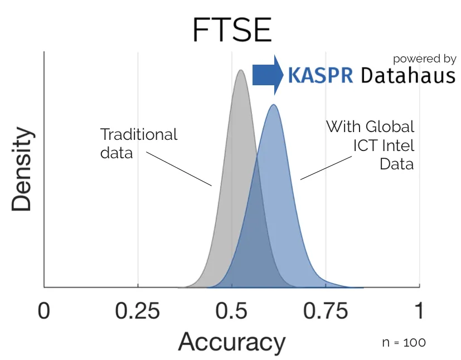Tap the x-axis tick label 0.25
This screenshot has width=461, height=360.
point(138,311)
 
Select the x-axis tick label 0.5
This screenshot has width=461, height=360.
point(231,311)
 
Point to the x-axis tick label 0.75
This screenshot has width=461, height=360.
point(326,311)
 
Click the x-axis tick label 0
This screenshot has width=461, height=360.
point(43,311)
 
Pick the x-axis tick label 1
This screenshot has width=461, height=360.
point(419,311)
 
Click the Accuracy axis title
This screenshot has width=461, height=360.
point(231,341)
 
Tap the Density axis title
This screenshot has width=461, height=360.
point(22,171)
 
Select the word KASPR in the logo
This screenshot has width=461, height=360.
point(321,75)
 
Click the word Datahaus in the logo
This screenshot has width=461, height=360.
point(408,75)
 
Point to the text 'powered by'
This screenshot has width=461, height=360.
point(425,59)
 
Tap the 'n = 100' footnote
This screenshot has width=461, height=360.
point(405,342)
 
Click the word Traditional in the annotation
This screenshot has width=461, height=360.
point(139,134)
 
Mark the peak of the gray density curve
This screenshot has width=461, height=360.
point(240,71)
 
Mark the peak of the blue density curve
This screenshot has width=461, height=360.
point(274,105)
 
